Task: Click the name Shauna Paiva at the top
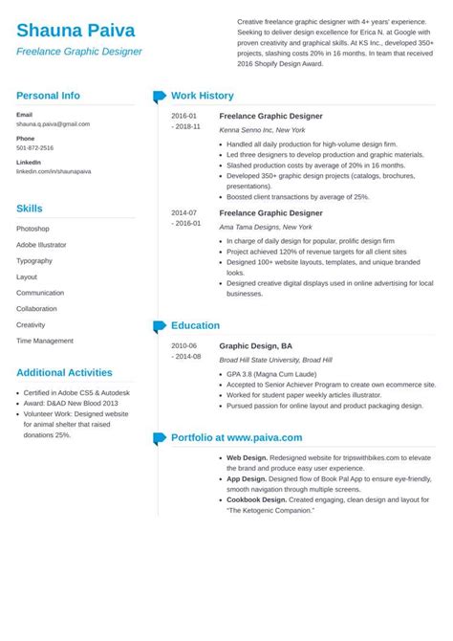[75, 31]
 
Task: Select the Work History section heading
[202, 96]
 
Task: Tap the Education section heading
[195, 325]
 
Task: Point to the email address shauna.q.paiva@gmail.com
[54, 123]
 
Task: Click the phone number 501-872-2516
[34, 148]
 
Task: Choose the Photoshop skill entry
[32, 229]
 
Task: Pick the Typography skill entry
[34, 260]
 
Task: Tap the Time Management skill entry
[45, 341]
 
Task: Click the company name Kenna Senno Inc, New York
[262, 129]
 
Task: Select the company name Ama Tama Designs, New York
[266, 227]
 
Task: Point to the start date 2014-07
[184, 212]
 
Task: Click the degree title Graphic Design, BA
[255, 345]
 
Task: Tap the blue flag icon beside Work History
[160, 96]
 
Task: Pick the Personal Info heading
[48, 96]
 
